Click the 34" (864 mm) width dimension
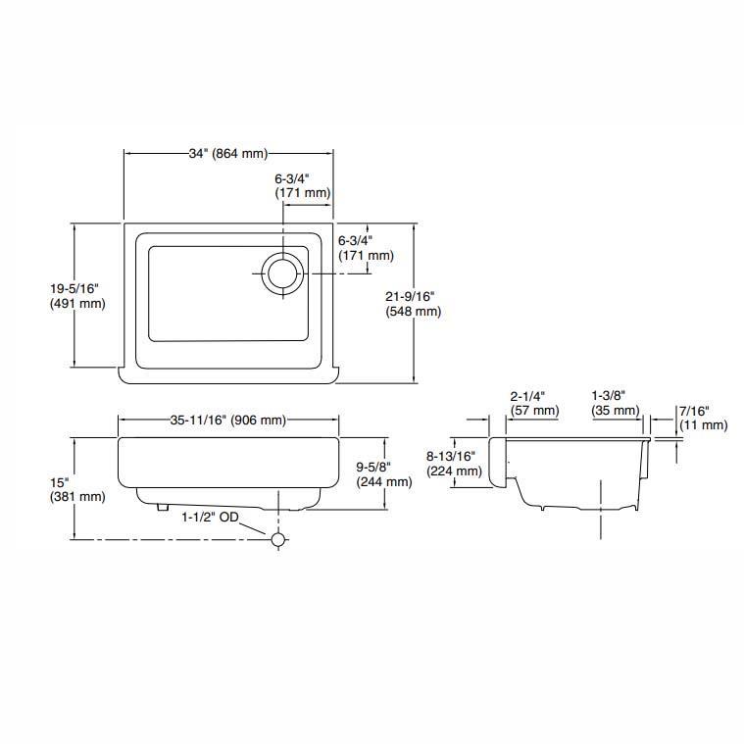click(227, 153)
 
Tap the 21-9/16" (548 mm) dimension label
click(414, 303)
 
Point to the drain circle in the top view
click(283, 271)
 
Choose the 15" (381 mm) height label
click(76, 489)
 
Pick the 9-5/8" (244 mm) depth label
click(383, 473)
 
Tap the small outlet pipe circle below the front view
click(278, 539)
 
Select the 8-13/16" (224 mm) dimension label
click(452, 463)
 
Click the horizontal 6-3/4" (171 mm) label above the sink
click(302, 186)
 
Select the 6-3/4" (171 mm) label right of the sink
click(365, 248)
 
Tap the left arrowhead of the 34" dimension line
click(127, 153)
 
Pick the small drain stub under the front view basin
click(159, 508)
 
